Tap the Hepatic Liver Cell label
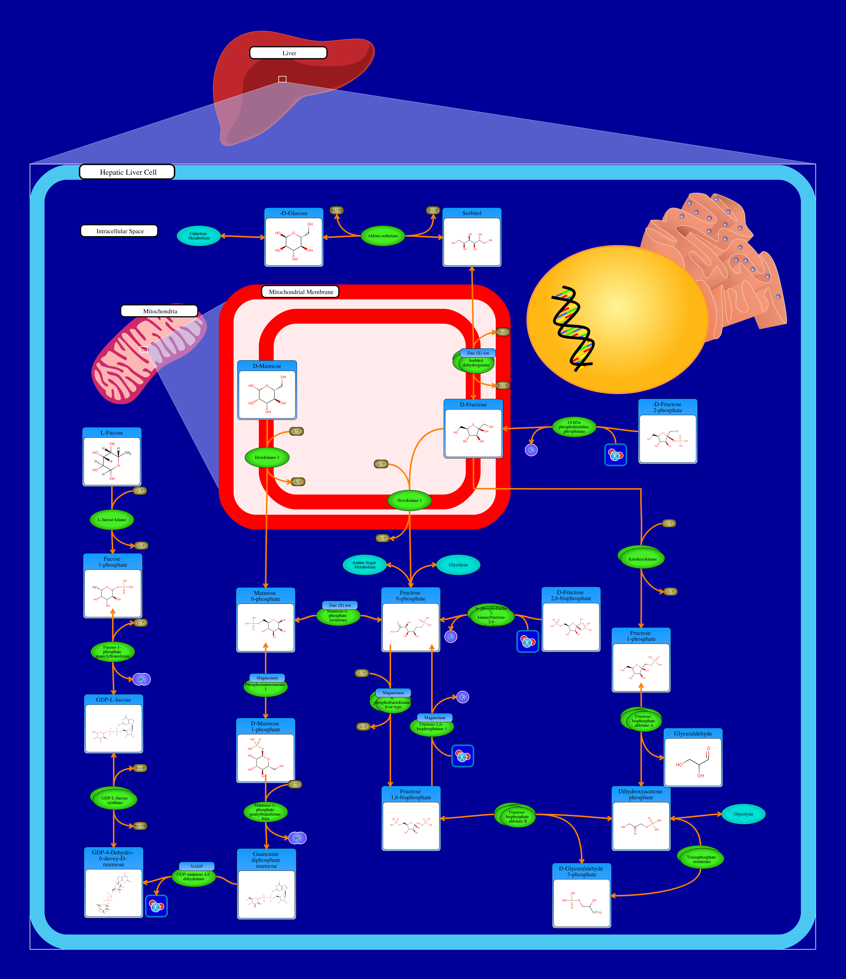pos(127,172)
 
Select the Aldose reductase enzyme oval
pos(383,236)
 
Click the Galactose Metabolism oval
pos(199,236)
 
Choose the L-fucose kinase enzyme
pos(112,520)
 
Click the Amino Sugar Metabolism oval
pos(364,565)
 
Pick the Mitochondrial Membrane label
pos(300,292)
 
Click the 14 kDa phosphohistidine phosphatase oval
pos(574,427)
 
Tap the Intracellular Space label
pos(119,231)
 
